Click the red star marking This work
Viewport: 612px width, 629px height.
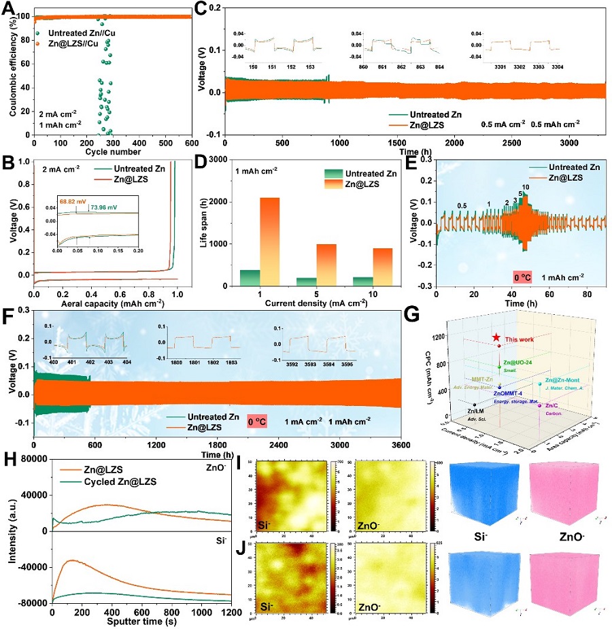coord(497,338)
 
